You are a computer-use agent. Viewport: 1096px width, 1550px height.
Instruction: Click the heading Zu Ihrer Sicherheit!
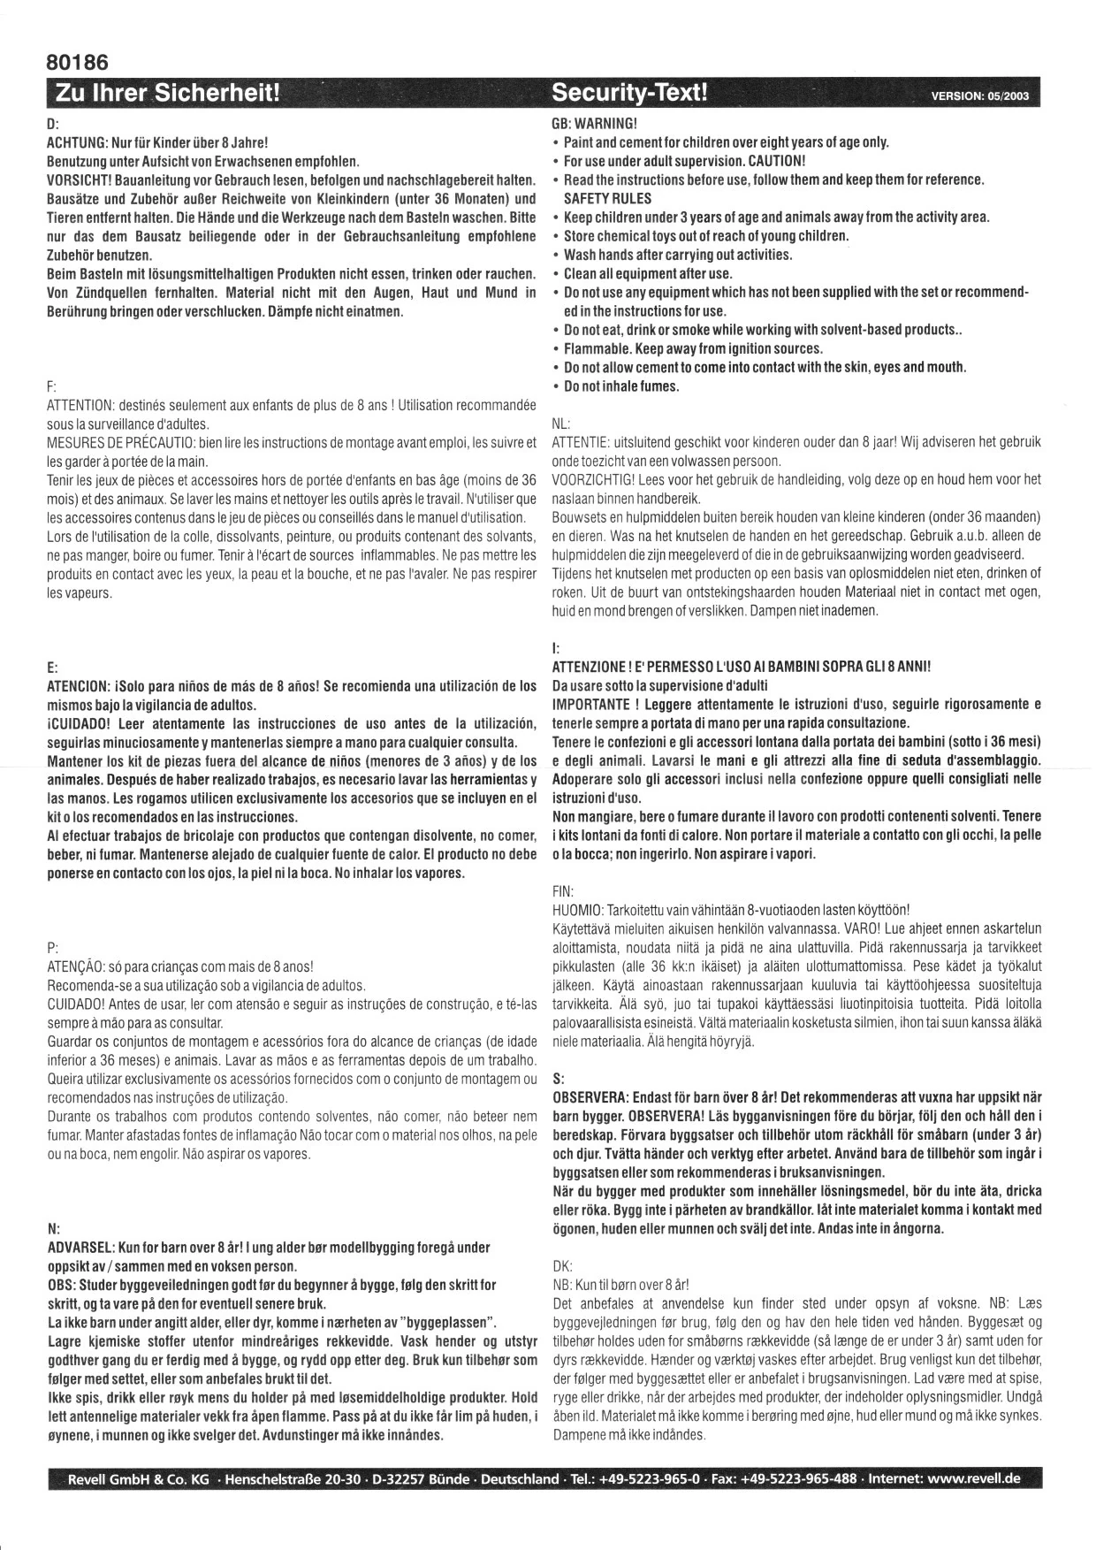(168, 93)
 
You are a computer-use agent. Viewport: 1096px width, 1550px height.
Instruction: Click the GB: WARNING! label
(594, 123)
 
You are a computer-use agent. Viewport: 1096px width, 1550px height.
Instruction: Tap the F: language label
(50, 386)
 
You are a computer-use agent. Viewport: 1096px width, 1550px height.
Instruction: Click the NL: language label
(560, 422)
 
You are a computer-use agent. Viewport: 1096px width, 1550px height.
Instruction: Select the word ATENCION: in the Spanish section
(77, 686)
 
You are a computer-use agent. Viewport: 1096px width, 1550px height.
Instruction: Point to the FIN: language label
(563, 890)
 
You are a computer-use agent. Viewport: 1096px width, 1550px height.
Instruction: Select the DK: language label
(562, 1265)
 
